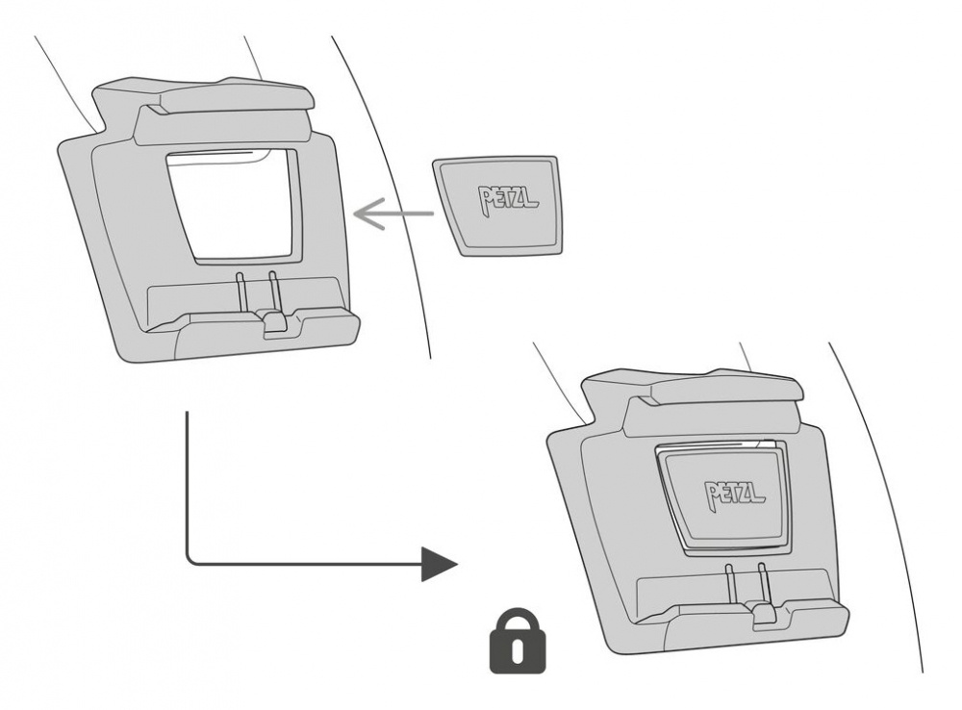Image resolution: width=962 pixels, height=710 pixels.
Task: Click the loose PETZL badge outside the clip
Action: click(494, 204)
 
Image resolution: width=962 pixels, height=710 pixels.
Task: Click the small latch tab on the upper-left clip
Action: click(274, 323)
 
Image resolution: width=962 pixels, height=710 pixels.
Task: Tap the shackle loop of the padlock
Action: click(519, 620)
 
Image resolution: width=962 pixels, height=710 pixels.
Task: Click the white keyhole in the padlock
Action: click(519, 651)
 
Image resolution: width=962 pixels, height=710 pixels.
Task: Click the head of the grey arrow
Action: click(364, 216)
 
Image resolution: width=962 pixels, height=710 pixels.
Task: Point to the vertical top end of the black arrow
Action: click(187, 418)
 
